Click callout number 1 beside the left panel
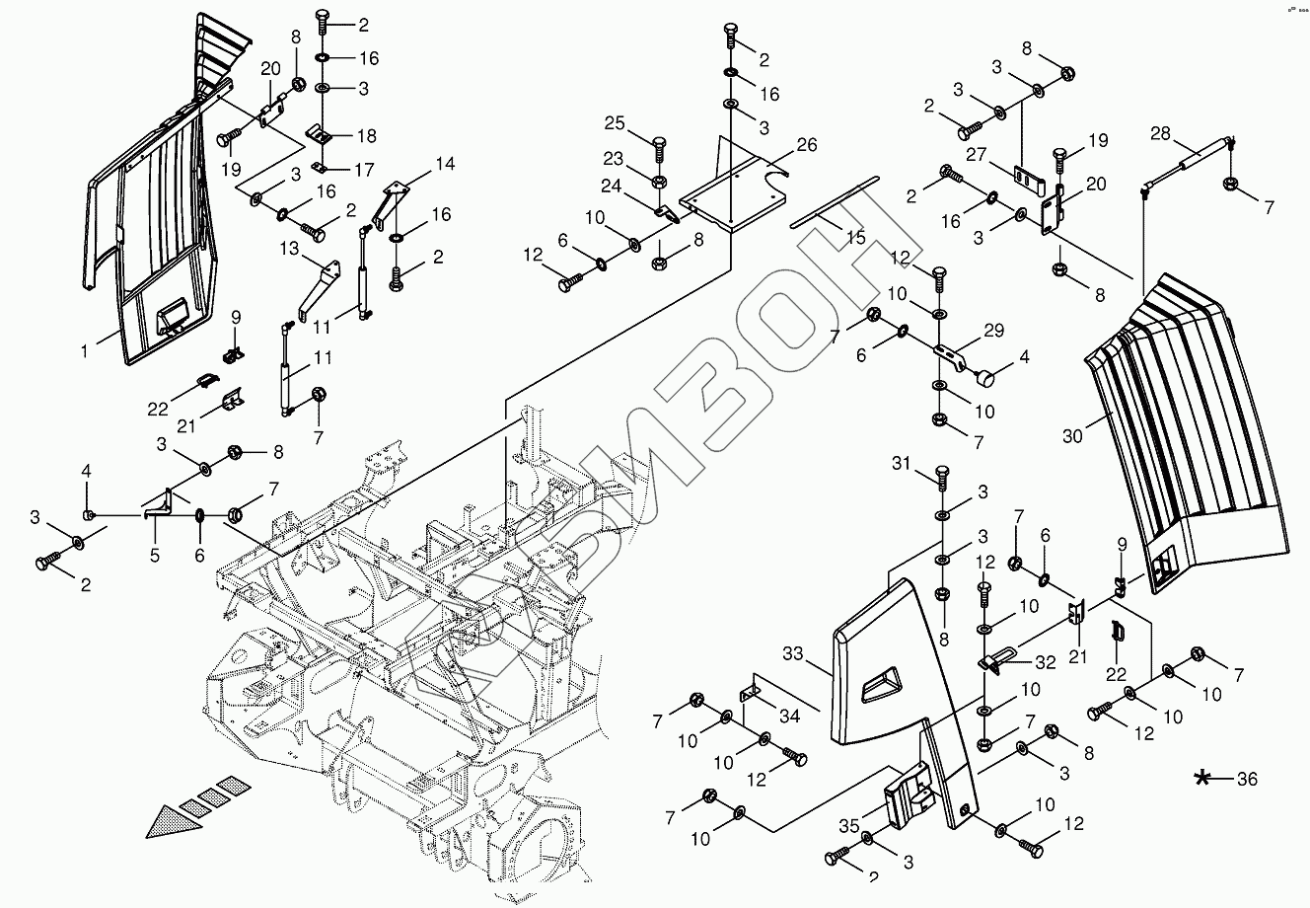(85, 349)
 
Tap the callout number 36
(1247, 780)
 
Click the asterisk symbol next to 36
(1202, 779)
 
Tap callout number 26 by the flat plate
(806, 145)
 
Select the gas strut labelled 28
(1195, 160)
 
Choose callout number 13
(289, 248)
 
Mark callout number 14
(445, 164)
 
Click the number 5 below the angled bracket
(155, 556)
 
